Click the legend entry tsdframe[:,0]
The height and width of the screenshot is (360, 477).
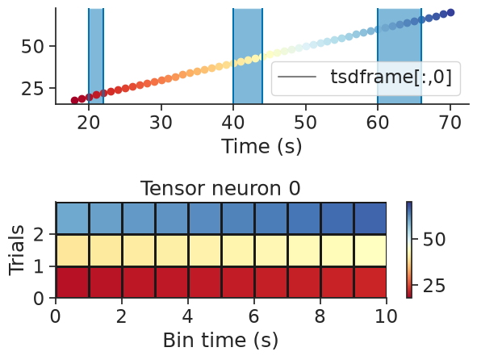click(x=365, y=77)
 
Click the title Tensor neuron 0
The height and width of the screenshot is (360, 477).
click(x=220, y=188)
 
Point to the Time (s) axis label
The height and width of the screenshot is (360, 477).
click(x=262, y=146)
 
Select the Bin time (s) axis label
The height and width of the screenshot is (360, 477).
click(x=220, y=340)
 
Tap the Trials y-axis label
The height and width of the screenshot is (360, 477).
click(x=16, y=250)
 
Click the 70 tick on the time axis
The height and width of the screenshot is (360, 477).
click(x=450, y=123)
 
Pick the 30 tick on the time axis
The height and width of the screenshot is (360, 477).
click(x=161, y=123)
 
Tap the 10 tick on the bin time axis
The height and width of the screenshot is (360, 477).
click(x=386, y=316)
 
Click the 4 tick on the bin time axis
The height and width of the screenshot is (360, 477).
click(x=188, y=316)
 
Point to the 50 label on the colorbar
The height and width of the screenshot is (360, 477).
click(x=434, y=240)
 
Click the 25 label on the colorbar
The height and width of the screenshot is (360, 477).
click(x=434, y=286)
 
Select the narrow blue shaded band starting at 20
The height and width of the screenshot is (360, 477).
click(x=96, y=56)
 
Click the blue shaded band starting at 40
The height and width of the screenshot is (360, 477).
click(x=248, y=56)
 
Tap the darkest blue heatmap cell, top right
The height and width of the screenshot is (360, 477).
click(x=370, y=218)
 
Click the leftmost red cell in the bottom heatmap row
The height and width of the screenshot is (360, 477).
click(x=73, y=282)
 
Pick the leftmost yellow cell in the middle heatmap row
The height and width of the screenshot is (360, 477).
click(x=73, y=250)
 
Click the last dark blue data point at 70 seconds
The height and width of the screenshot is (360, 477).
click(x=451, y=12)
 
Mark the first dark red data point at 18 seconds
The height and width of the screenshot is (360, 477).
click(x=74, y=100)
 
